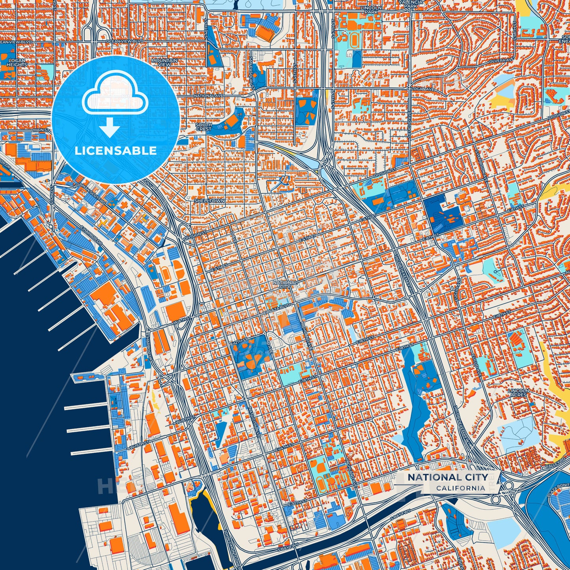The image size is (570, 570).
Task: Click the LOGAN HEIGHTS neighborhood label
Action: pyautogui.click(x=17, y=63)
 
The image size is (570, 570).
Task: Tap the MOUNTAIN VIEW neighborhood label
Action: pyautogui.click(x=164, y=62)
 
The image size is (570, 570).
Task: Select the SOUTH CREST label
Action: pyautogui.click(x=204, y=127)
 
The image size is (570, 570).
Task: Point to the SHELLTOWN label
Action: pyautogui.click(x=209, y=201)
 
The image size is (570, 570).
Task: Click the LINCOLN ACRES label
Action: pyautogui.click(x=518, y=392)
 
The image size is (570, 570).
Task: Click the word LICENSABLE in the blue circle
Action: pyautogui.click(x=116, y=151)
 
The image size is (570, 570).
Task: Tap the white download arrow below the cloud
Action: pyautogui.click(x=110, y=129)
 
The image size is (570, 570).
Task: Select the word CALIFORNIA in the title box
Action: pyautogui.click(x=460, y=488)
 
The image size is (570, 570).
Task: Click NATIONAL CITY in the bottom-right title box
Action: pyautogui.click(x=447, y=477)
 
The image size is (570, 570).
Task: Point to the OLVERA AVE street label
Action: pyautogui.click(x=501, y=60)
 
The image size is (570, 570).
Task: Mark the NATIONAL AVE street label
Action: pyautogui.click(x=209, y=95)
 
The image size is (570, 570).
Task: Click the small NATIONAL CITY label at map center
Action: pyautogui.click(x=285, y=284)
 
